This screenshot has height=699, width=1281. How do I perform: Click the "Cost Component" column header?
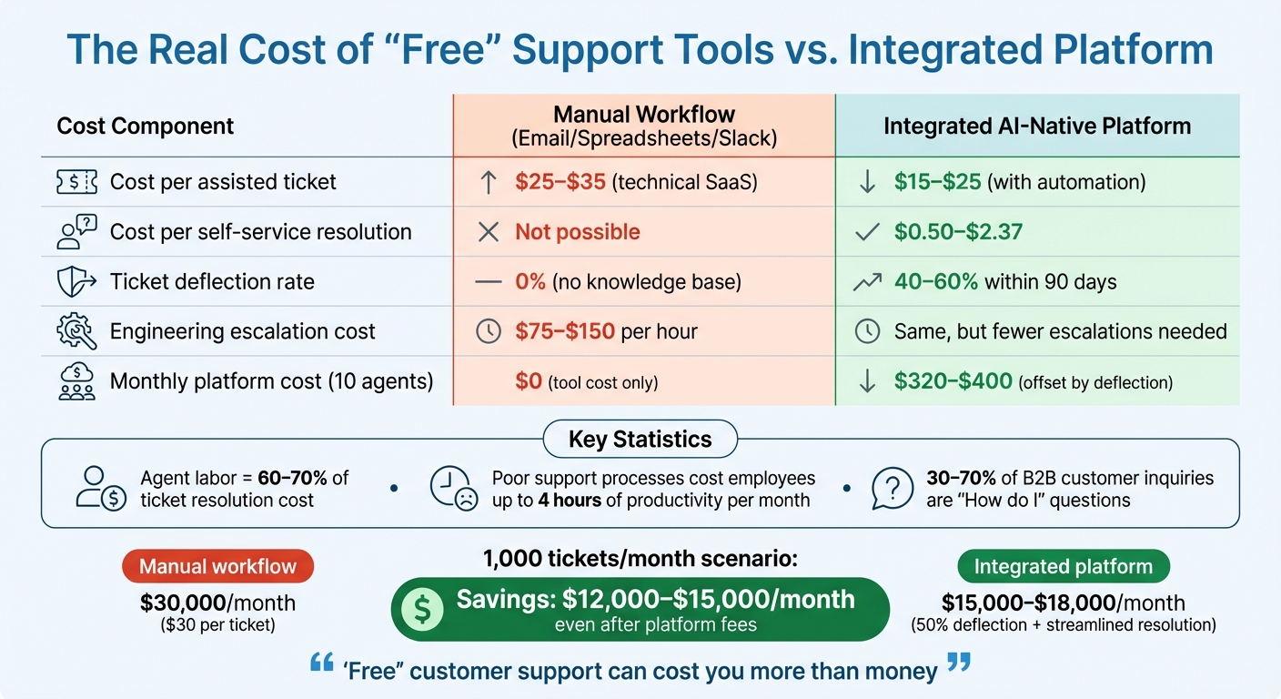tap(146, 126)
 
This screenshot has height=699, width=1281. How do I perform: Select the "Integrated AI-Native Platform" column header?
tap(1037, 126)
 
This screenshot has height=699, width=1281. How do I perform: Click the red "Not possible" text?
tap(578, 232)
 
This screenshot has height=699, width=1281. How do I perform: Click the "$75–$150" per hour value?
tap(565, 331)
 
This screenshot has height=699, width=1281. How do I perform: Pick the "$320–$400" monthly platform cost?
tap(953, 381)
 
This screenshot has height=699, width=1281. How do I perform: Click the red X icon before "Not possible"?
tap(489, 232)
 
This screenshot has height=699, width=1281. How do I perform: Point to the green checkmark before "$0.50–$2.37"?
tap(867, 232)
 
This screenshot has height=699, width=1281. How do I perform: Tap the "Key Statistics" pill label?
tap(640, 440)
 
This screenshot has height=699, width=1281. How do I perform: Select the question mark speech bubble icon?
tap(892, 489)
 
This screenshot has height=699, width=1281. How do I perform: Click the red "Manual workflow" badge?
tap(218, 566)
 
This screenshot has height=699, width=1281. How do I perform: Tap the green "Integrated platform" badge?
tap(1063, 566)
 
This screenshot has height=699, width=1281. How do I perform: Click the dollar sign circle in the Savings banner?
tap(422, 609)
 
